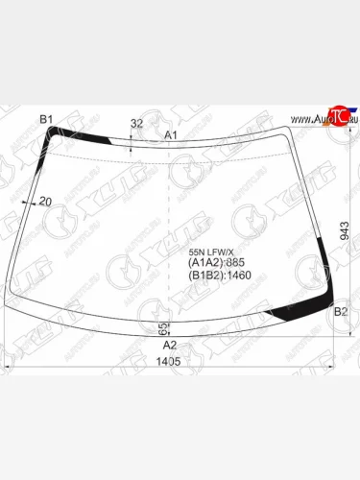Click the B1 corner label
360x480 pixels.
[x=45, y=119]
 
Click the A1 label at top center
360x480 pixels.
[x=172, y=135]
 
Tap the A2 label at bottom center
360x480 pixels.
[x=170, y=345]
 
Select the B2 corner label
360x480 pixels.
[x=340, y=312]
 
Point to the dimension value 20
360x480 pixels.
[x=44, y=202]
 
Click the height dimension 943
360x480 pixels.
[x=345, y=230]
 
